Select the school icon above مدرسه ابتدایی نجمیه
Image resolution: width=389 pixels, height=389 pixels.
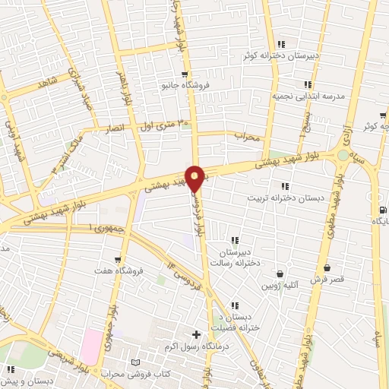point(307,85)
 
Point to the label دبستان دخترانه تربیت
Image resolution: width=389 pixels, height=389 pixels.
point(278,198)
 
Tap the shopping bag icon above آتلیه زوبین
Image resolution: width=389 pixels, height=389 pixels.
point(280,274)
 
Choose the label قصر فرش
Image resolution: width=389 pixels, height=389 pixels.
point(327,279)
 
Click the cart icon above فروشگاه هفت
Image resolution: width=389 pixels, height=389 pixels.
point(117,259)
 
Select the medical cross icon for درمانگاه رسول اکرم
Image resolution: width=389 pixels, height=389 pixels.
point(196,334)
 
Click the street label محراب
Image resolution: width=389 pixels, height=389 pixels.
point(248,138)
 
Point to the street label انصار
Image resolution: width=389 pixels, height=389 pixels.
point(113,131)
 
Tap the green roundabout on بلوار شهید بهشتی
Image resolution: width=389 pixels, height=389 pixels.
point(344,156)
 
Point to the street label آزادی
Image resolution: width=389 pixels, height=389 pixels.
point(349,126)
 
